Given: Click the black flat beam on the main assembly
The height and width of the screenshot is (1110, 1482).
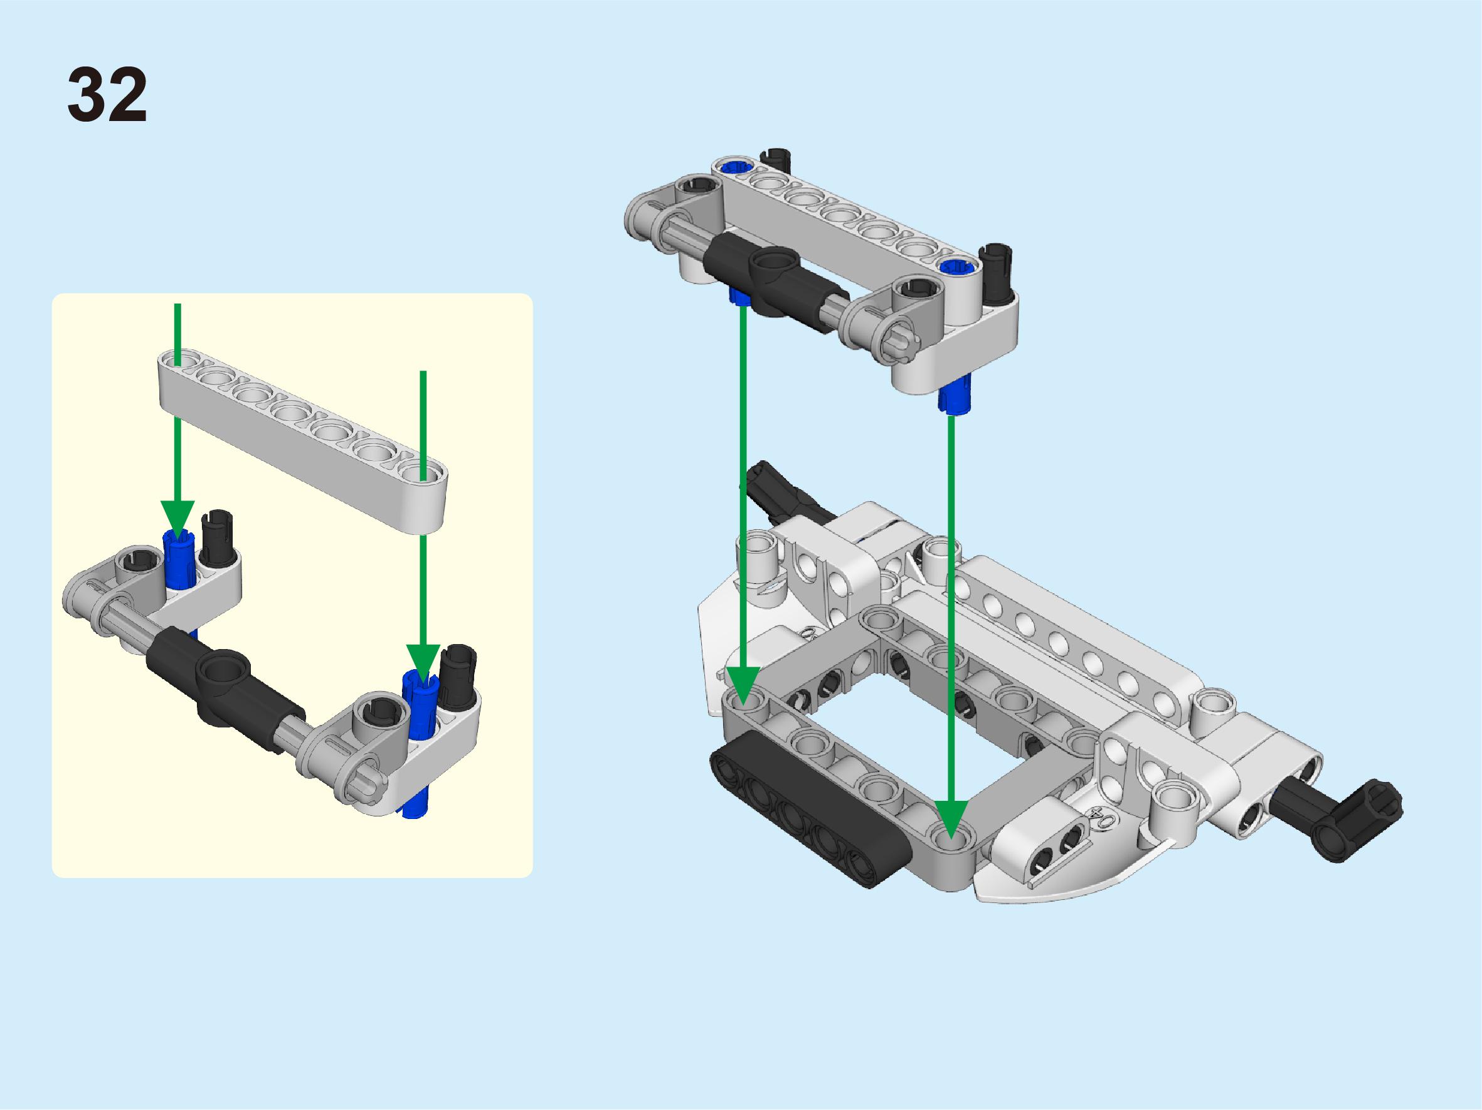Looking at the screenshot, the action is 811,809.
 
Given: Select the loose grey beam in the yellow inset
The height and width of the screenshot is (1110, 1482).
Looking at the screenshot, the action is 303,441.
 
